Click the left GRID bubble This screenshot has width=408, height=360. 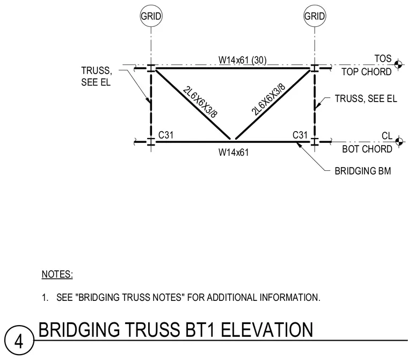(x=151, y=16)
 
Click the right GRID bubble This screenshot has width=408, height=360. (x=315, y=16)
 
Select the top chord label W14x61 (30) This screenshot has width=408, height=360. (x=243, y=60)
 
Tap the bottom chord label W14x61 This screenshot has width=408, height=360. (x=234, y=152)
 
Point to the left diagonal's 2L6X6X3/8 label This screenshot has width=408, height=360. (x=200, y=102)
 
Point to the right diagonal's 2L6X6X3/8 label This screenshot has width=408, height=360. (x=268, y=99)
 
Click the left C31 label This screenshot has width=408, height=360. (x=166, y=135)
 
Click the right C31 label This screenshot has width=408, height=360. (x=300, y=135)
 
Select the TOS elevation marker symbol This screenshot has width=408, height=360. (x=398, y=64)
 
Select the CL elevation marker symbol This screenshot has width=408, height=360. (x=399, y=142)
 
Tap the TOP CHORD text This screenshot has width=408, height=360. (x=366, y=71)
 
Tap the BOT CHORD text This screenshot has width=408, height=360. (x=367, y=149)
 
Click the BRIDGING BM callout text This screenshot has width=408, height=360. (x=363, y=171)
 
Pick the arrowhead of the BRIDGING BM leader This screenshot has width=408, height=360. (x=298, y=145)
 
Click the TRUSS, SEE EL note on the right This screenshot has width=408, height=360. (x=366, y=98)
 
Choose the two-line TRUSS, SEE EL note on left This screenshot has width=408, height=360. (x=96, y=76)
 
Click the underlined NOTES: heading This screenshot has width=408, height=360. (x=57, y=274)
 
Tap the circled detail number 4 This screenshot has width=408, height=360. (x=19, y=340)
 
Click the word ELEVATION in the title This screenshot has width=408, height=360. (x=267, y=329)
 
